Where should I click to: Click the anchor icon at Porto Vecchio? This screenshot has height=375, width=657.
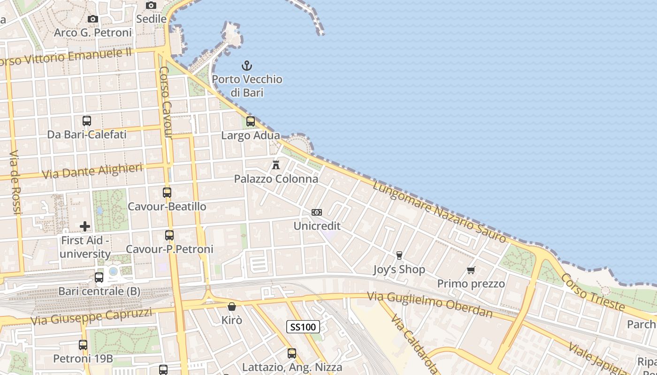click(x=247, y=66)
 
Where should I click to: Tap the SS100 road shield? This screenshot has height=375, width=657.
click(x=303, y=327)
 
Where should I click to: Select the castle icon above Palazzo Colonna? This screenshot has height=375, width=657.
click(x=276, y=165)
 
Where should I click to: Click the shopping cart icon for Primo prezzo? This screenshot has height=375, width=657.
click(x=471, y=270)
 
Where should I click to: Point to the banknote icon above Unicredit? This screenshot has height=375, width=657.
click(x=317, y=212)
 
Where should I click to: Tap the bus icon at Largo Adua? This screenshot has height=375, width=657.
click(x=251, y=121)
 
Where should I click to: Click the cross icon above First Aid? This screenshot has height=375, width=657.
click(x=85, y=226)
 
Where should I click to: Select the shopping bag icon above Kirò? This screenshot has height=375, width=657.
click(x=232, y=307)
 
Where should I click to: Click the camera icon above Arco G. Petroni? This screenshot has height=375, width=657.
click(x=93, y=19)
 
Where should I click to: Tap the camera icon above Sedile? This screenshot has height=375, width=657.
click(x=151, y=5)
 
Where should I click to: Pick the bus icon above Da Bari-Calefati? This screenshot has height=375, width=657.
click(x=87, y=120)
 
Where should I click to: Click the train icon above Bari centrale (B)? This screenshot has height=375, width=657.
click(x=99, y=277)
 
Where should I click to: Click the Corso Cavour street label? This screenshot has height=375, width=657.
click(x=166, y=103)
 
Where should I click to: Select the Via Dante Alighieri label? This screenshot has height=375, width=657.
click(x=92, y=171)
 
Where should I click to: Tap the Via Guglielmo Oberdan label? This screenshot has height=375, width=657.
click(x=430, y=304)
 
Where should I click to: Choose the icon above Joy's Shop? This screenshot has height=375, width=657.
click(x=399, y=255)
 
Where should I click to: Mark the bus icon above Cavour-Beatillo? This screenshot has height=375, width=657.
click(x=167, y=192)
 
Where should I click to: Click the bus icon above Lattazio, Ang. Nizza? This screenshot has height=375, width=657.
click(x=292, y=353)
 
